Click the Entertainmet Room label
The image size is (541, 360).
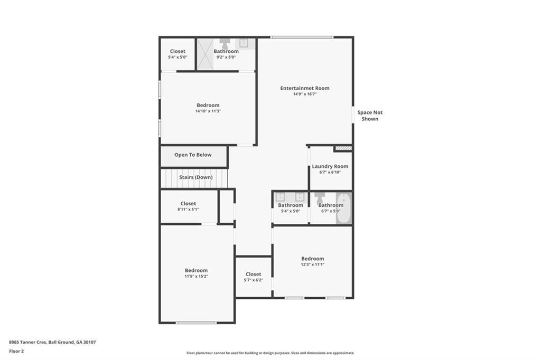[x=305, y=88]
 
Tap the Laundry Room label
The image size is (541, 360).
[x=330, y=166]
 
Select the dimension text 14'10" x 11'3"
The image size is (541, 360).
[x=208, y=111]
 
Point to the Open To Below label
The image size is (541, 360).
[x=193, y=155]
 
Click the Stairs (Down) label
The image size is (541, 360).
[x=195, y=177]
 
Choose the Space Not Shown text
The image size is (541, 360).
[x=370, y=116]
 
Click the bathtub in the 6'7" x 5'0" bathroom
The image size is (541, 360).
[x=343, y=208]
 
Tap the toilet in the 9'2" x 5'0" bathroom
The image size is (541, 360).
[x=225, y=43]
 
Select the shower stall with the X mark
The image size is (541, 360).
[x=206, y=54]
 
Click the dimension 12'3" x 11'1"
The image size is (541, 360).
[x=313, y=264]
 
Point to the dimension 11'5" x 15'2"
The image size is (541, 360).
[x=197, y=276]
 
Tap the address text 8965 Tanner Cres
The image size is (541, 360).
[x=27, y=342]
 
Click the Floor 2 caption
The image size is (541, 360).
[x=16, y=352]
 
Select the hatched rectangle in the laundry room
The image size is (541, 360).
[x=343, y=148]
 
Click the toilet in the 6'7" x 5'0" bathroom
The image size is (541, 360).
[x=320, y=198]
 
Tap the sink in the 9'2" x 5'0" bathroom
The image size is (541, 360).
[x=244, y=43]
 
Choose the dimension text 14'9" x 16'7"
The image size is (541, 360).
[x=305, y=94]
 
